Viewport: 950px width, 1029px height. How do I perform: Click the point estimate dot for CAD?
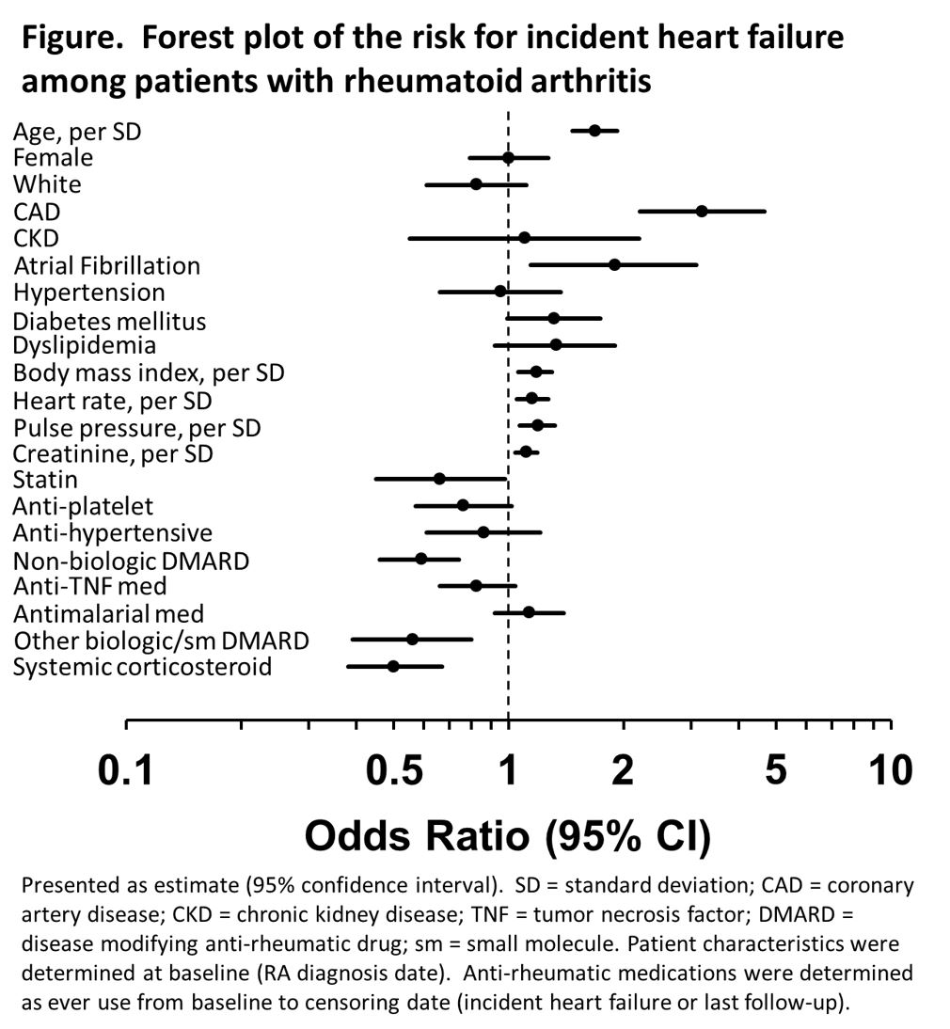pos(702,211)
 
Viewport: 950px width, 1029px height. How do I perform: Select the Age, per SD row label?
pos(77,131)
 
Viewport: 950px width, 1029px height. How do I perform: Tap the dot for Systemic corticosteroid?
pos(393,666)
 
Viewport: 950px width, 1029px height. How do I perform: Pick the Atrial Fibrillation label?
pos(106,266)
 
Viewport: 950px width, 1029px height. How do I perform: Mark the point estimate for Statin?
pos(439,479)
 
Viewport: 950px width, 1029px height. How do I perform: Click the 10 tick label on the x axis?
pos(890,771)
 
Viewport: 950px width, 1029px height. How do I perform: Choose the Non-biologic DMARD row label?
pos(131,562)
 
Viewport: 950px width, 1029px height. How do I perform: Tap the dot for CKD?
pos(524,238)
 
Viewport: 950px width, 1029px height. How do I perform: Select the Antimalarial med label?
pos(108,614)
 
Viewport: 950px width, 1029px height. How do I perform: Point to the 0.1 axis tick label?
pos(126,771)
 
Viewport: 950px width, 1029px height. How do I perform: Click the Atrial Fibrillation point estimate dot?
pos(614,264)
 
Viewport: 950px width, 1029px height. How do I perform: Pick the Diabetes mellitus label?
pos(109,321)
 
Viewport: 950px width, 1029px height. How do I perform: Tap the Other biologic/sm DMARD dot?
pos(412,640)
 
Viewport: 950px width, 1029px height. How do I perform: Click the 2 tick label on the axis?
pos(623,771)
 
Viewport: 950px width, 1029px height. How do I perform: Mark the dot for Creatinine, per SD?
pos(526,452)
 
